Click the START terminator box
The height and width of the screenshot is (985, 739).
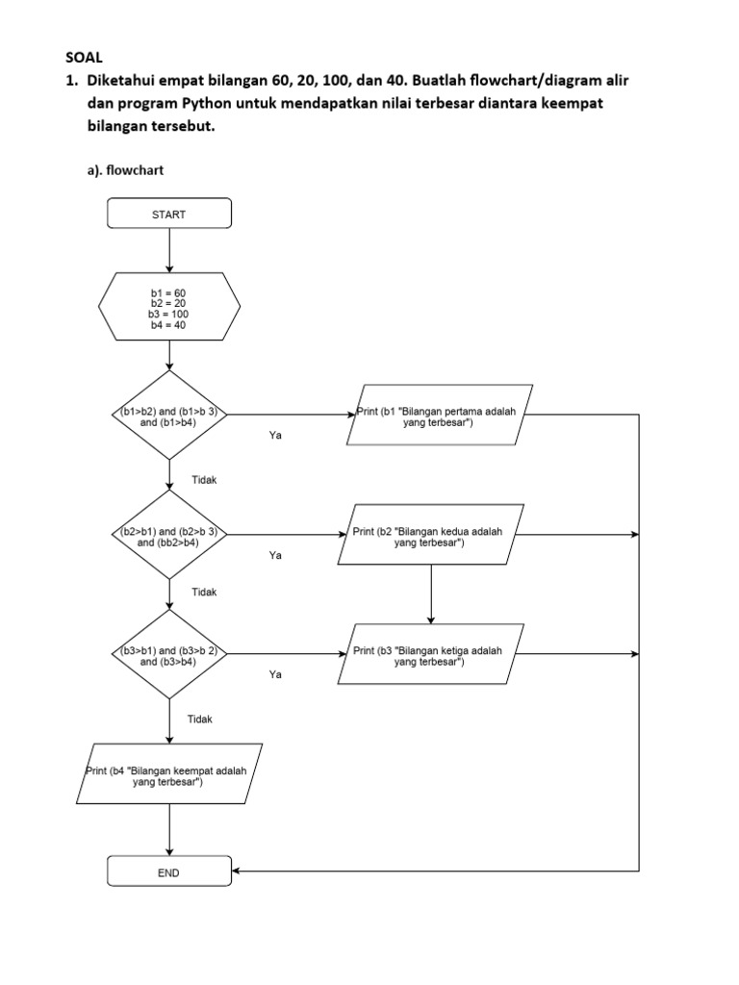[169, 215]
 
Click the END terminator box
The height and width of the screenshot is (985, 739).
[169, 872]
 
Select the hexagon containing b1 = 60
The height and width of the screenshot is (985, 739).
[169, 308]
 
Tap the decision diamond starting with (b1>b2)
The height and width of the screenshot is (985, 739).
[169, 416]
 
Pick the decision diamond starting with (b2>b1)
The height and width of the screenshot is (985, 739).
[169, 535]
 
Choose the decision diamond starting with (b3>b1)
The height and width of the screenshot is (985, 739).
[169, 655]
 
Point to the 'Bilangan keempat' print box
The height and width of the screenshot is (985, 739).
[169, 774]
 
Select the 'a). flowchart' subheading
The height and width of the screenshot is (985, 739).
[125, 169]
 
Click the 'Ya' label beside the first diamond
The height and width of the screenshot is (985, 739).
[275, 436]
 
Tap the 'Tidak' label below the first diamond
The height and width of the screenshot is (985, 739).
[204, 479]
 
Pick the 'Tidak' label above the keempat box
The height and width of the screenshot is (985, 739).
[199, 719]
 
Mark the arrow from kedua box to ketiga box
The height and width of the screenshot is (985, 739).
[431, 594]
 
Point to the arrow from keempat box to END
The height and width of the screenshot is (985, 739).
[169, 830]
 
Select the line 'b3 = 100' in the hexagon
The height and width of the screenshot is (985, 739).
[169, 314]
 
